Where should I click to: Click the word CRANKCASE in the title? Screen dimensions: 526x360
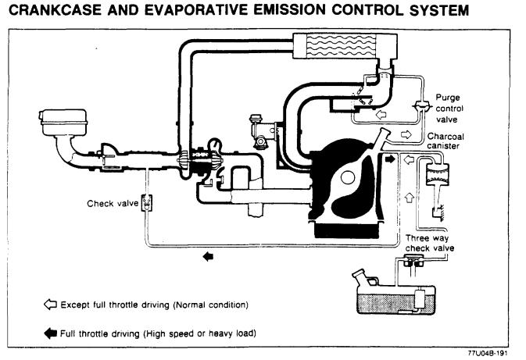(55, 10)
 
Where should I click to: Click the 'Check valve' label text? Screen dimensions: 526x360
(113, 204)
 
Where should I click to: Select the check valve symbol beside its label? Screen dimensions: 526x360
(147, 203)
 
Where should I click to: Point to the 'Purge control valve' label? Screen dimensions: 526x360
(449, 109)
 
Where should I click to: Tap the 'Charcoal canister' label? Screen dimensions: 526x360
(445, 141)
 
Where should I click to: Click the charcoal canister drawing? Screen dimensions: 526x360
(438, 174)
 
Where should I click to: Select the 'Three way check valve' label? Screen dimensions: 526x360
(429, 243)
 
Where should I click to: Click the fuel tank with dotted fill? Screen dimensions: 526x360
(395, 298)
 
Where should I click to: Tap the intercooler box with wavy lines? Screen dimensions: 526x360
(345, 45)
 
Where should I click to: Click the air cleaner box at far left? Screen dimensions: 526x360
(63, 123)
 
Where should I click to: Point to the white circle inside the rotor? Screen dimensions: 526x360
(348, 177)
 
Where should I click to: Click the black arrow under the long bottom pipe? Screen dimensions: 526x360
(208, 257)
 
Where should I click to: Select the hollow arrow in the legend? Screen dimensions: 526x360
(50, 304)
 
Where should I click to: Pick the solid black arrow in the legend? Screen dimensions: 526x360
(50, 333)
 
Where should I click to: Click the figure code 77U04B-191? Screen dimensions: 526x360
(488, 353)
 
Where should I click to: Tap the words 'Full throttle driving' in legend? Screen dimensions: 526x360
(99, 334)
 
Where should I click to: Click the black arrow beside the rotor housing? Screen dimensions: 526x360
(390, 159)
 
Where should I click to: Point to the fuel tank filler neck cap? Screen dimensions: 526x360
(358, 273)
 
